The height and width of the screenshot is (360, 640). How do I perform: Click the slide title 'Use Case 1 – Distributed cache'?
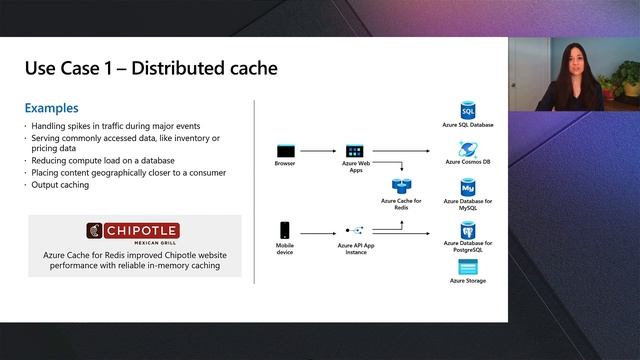click(151, 68)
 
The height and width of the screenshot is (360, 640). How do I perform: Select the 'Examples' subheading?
click(52, 108)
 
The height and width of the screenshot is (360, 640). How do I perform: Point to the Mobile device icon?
click(285, 229)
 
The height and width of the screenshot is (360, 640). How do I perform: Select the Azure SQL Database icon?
click(467, 109)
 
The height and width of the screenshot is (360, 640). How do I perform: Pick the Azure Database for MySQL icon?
click(467, 187)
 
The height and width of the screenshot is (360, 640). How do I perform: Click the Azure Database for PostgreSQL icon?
click(467, 229)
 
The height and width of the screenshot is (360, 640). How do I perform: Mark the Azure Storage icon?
click(467, 267)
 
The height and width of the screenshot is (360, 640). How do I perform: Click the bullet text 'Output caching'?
click(62, 184)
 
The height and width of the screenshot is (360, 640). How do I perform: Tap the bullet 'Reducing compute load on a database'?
click(103, 160)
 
